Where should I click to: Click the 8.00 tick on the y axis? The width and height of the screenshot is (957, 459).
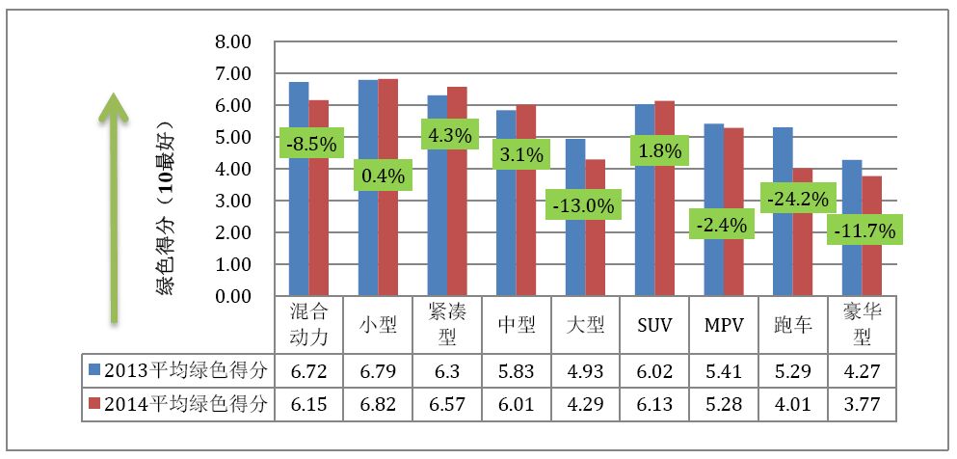[x=234, y=42]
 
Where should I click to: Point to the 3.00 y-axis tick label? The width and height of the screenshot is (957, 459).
[x=234, y=201]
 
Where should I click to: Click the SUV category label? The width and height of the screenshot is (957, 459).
[x=655, y=325]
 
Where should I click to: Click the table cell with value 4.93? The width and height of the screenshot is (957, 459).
[x=585, y=368]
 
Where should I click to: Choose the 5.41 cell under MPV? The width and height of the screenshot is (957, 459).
[x=724, y=368]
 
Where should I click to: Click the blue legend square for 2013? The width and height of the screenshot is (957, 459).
[x=93, y=368]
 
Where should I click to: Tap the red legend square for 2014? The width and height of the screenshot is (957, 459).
[x=93, y=401]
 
